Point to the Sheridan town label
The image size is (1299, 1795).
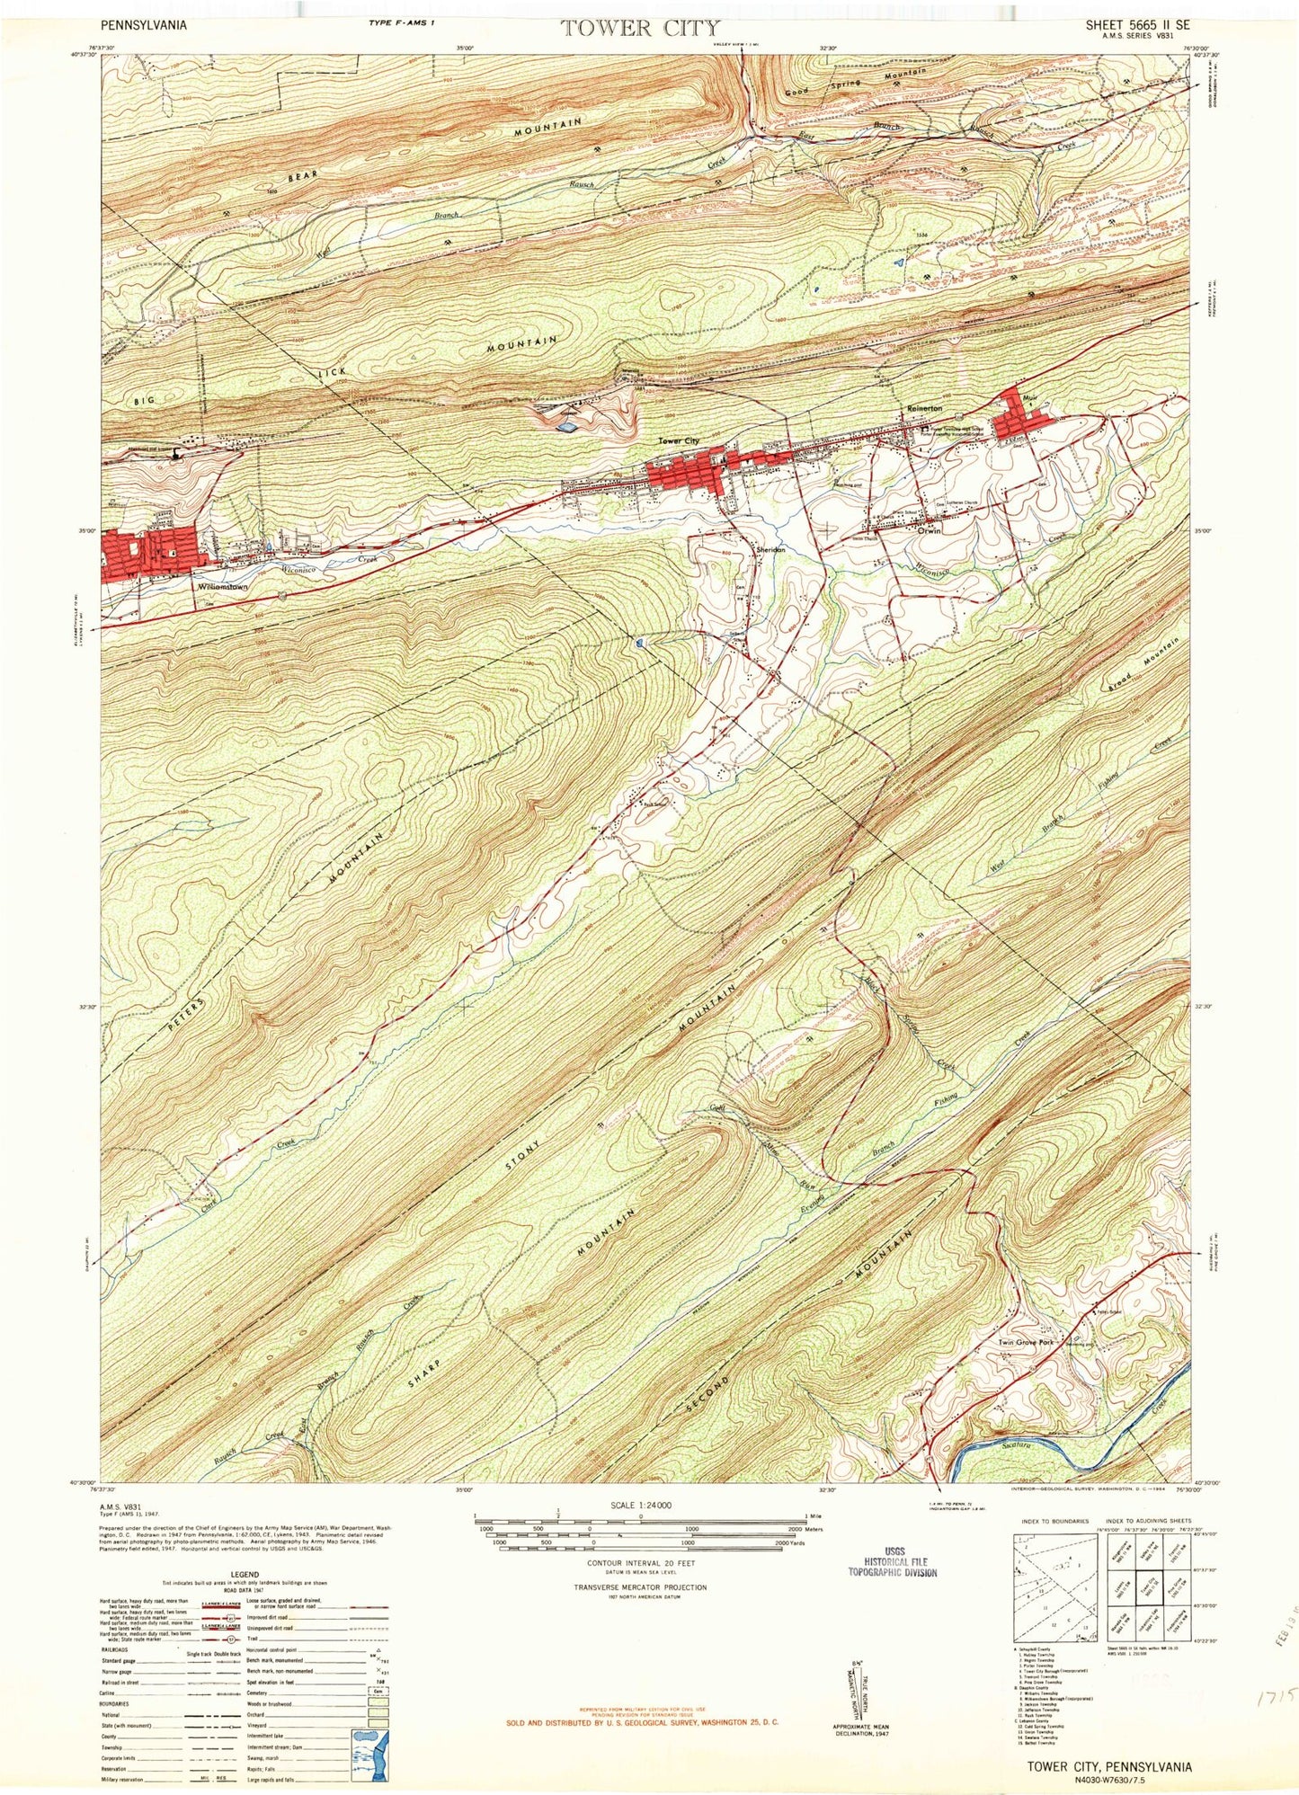click(770, 549)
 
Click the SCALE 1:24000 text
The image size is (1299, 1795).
click(640, 1506)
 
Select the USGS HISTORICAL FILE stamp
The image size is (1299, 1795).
click(893, 1561)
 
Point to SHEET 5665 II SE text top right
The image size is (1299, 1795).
click(1140, 26)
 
